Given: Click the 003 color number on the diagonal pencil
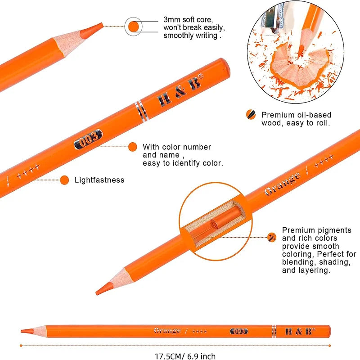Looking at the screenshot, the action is tap(88, 139).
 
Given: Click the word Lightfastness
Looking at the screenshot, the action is tap(99, 180).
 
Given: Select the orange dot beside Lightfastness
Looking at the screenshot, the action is tap(64, 180).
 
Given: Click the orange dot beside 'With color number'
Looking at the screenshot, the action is tap(133, 147).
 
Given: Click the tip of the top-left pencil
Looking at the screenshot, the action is tap(103, 23).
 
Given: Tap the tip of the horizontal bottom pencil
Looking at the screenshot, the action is tap(21, 331).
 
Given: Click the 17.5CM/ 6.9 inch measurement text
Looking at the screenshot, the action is tap(185, 356).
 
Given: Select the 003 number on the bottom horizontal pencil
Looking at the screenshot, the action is tap(239, 331).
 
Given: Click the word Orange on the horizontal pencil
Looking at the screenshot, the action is tap(167, 331).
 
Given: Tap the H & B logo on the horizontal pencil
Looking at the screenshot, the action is tap(300, 331).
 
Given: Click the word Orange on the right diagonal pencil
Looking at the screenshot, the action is tap(282, 184).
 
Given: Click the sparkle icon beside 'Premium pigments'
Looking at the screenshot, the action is tap(272, 238).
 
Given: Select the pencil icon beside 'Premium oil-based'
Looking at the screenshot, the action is tap(251, 115).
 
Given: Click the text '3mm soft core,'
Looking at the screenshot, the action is tap(188, 19).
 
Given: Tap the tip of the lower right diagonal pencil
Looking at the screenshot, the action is tap(97, 293).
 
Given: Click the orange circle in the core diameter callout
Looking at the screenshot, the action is tap(133, 27).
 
